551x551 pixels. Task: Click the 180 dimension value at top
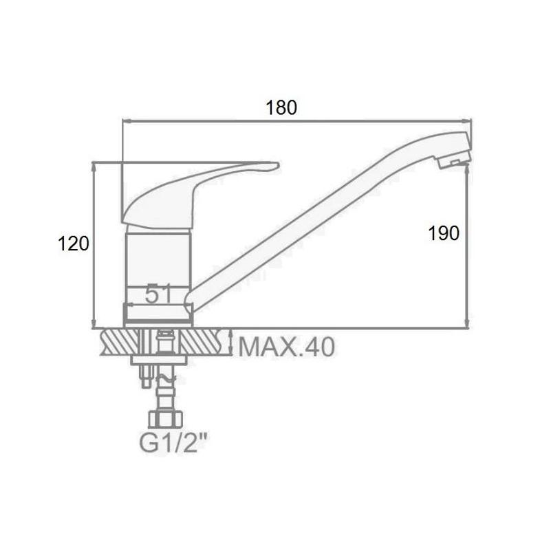(281, 107)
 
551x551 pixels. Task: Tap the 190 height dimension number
(444, 233)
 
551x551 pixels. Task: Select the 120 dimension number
(73, 244)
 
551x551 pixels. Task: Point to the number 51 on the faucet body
(158, 294)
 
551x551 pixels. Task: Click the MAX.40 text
(287, 347)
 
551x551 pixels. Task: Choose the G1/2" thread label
(172, 442)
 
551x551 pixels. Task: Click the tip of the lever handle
(277, 164)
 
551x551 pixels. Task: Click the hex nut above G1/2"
(166, 418)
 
